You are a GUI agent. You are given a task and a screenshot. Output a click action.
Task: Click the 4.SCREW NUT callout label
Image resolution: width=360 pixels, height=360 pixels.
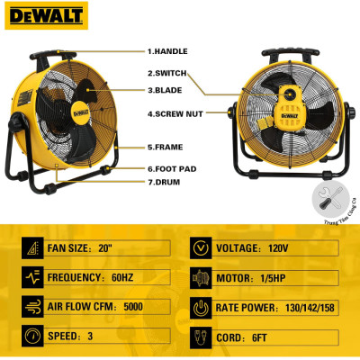[x=176, y=113]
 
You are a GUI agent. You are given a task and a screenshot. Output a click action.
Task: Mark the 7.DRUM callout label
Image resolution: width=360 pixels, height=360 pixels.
[x=167, y=184]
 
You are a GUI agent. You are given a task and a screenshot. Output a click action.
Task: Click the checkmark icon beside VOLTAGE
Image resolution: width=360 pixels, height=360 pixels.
[x=200, y=247]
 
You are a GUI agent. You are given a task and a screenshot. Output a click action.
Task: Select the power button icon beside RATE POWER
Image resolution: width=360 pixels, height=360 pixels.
[x=200, y=306]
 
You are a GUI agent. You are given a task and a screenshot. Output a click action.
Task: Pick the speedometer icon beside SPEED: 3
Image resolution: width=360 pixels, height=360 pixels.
[x=32, y=336]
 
